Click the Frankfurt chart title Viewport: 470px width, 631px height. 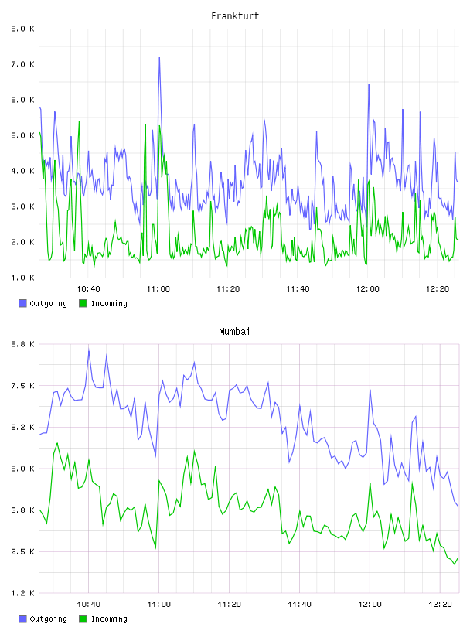coord(235,16)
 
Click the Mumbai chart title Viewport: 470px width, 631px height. coord(234,332)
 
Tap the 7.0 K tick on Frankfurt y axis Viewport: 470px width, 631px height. coord(22,64)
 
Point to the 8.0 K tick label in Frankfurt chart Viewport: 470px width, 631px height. coord(22,29)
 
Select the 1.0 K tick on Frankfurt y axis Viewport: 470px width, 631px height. coord(22,278)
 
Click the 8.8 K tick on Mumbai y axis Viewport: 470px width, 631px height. coord(22,344)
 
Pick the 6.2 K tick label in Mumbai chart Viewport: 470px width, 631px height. coord(22,427)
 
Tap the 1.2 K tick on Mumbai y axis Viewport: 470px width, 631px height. coord(22,593)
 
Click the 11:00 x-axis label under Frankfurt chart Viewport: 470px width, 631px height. coord(158,288)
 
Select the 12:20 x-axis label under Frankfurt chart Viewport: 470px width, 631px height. coord(438,288)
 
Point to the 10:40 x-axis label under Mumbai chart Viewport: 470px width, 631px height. coord(89,604)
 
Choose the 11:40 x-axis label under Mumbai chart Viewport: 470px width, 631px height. coord(299,604)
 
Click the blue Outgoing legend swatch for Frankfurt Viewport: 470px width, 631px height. coord(22,303)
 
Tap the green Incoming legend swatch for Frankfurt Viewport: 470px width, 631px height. coord(83,303)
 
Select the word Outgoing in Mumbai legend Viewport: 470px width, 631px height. coord(48,619)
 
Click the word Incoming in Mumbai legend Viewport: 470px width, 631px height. coord(109,619)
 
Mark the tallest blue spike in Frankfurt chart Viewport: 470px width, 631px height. coord(159,58)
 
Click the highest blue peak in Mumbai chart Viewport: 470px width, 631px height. coord(89,350)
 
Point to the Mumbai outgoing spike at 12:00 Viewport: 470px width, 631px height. coord(370,390)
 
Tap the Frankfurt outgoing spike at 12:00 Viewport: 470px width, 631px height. coord(369,84)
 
